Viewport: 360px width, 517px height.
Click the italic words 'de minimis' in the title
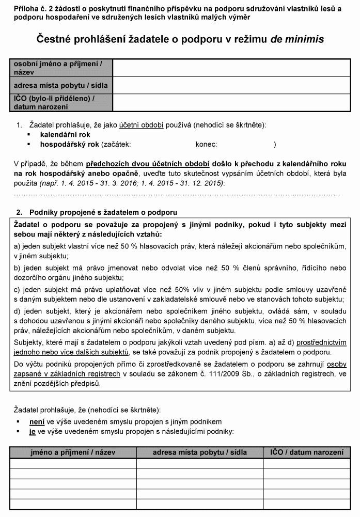tap(297, 39)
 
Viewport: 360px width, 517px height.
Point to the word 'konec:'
tap(206, 145)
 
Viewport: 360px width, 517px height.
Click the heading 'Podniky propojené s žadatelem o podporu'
tap(103, 212)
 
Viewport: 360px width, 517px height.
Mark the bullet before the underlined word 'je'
tap(18, 431)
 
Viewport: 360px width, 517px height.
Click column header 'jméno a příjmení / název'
tap(73, 452)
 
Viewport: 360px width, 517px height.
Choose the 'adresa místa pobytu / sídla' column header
tap(200, 452)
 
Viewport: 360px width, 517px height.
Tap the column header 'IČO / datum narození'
tap(307, 452)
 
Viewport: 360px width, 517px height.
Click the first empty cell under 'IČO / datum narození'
tap(307, 463)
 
